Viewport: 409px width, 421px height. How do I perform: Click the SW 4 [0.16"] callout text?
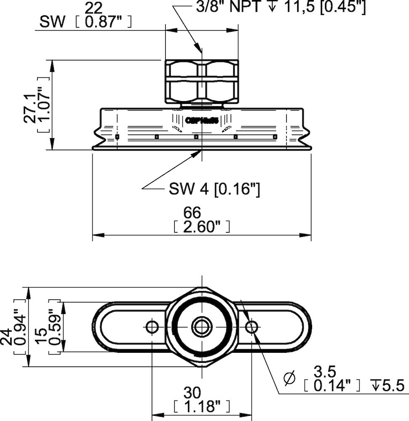point(214,189)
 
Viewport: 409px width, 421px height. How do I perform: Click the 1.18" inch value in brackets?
point(201,407)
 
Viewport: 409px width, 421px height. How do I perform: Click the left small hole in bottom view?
point(152,326)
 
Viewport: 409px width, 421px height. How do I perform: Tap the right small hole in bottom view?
point(252,326)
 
